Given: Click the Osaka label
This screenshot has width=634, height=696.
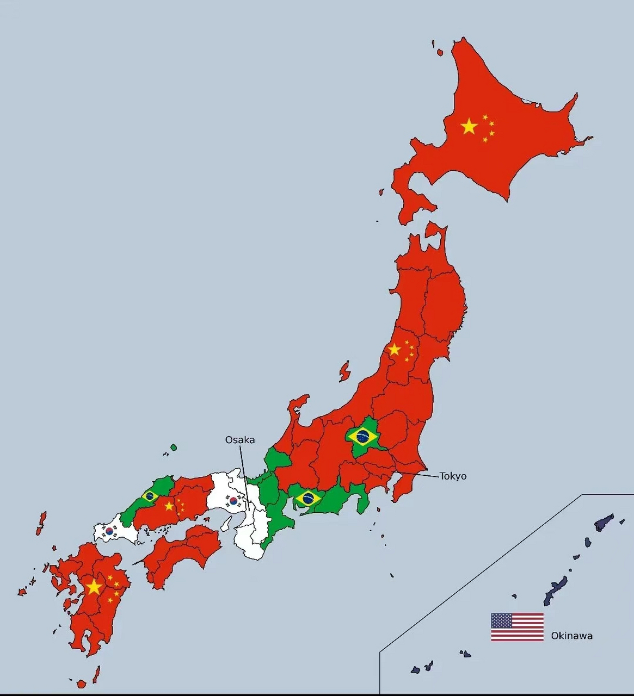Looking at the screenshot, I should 240,440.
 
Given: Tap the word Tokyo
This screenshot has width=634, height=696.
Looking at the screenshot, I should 453,476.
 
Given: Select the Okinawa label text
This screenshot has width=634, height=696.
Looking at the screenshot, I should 571,636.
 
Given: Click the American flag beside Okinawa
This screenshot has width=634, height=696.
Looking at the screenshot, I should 517,627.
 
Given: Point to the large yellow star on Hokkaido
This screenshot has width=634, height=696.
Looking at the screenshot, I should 469,127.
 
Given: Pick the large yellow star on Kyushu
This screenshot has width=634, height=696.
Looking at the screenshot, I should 94,587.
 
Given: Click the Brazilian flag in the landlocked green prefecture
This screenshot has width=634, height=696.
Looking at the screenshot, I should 362,436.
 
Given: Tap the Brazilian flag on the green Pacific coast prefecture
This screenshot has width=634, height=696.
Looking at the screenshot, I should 308,498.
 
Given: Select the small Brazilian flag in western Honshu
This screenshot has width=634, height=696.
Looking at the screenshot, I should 150,496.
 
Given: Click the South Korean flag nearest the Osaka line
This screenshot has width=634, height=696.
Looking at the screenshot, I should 233,501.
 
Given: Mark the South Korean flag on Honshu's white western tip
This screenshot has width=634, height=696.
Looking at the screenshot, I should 109,531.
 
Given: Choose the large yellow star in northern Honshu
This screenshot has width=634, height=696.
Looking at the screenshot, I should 395,350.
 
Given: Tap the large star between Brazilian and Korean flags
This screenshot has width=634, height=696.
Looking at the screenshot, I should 169,506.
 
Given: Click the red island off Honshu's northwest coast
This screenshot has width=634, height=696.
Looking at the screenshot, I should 344,371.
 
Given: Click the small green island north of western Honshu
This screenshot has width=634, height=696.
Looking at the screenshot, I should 174,448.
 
